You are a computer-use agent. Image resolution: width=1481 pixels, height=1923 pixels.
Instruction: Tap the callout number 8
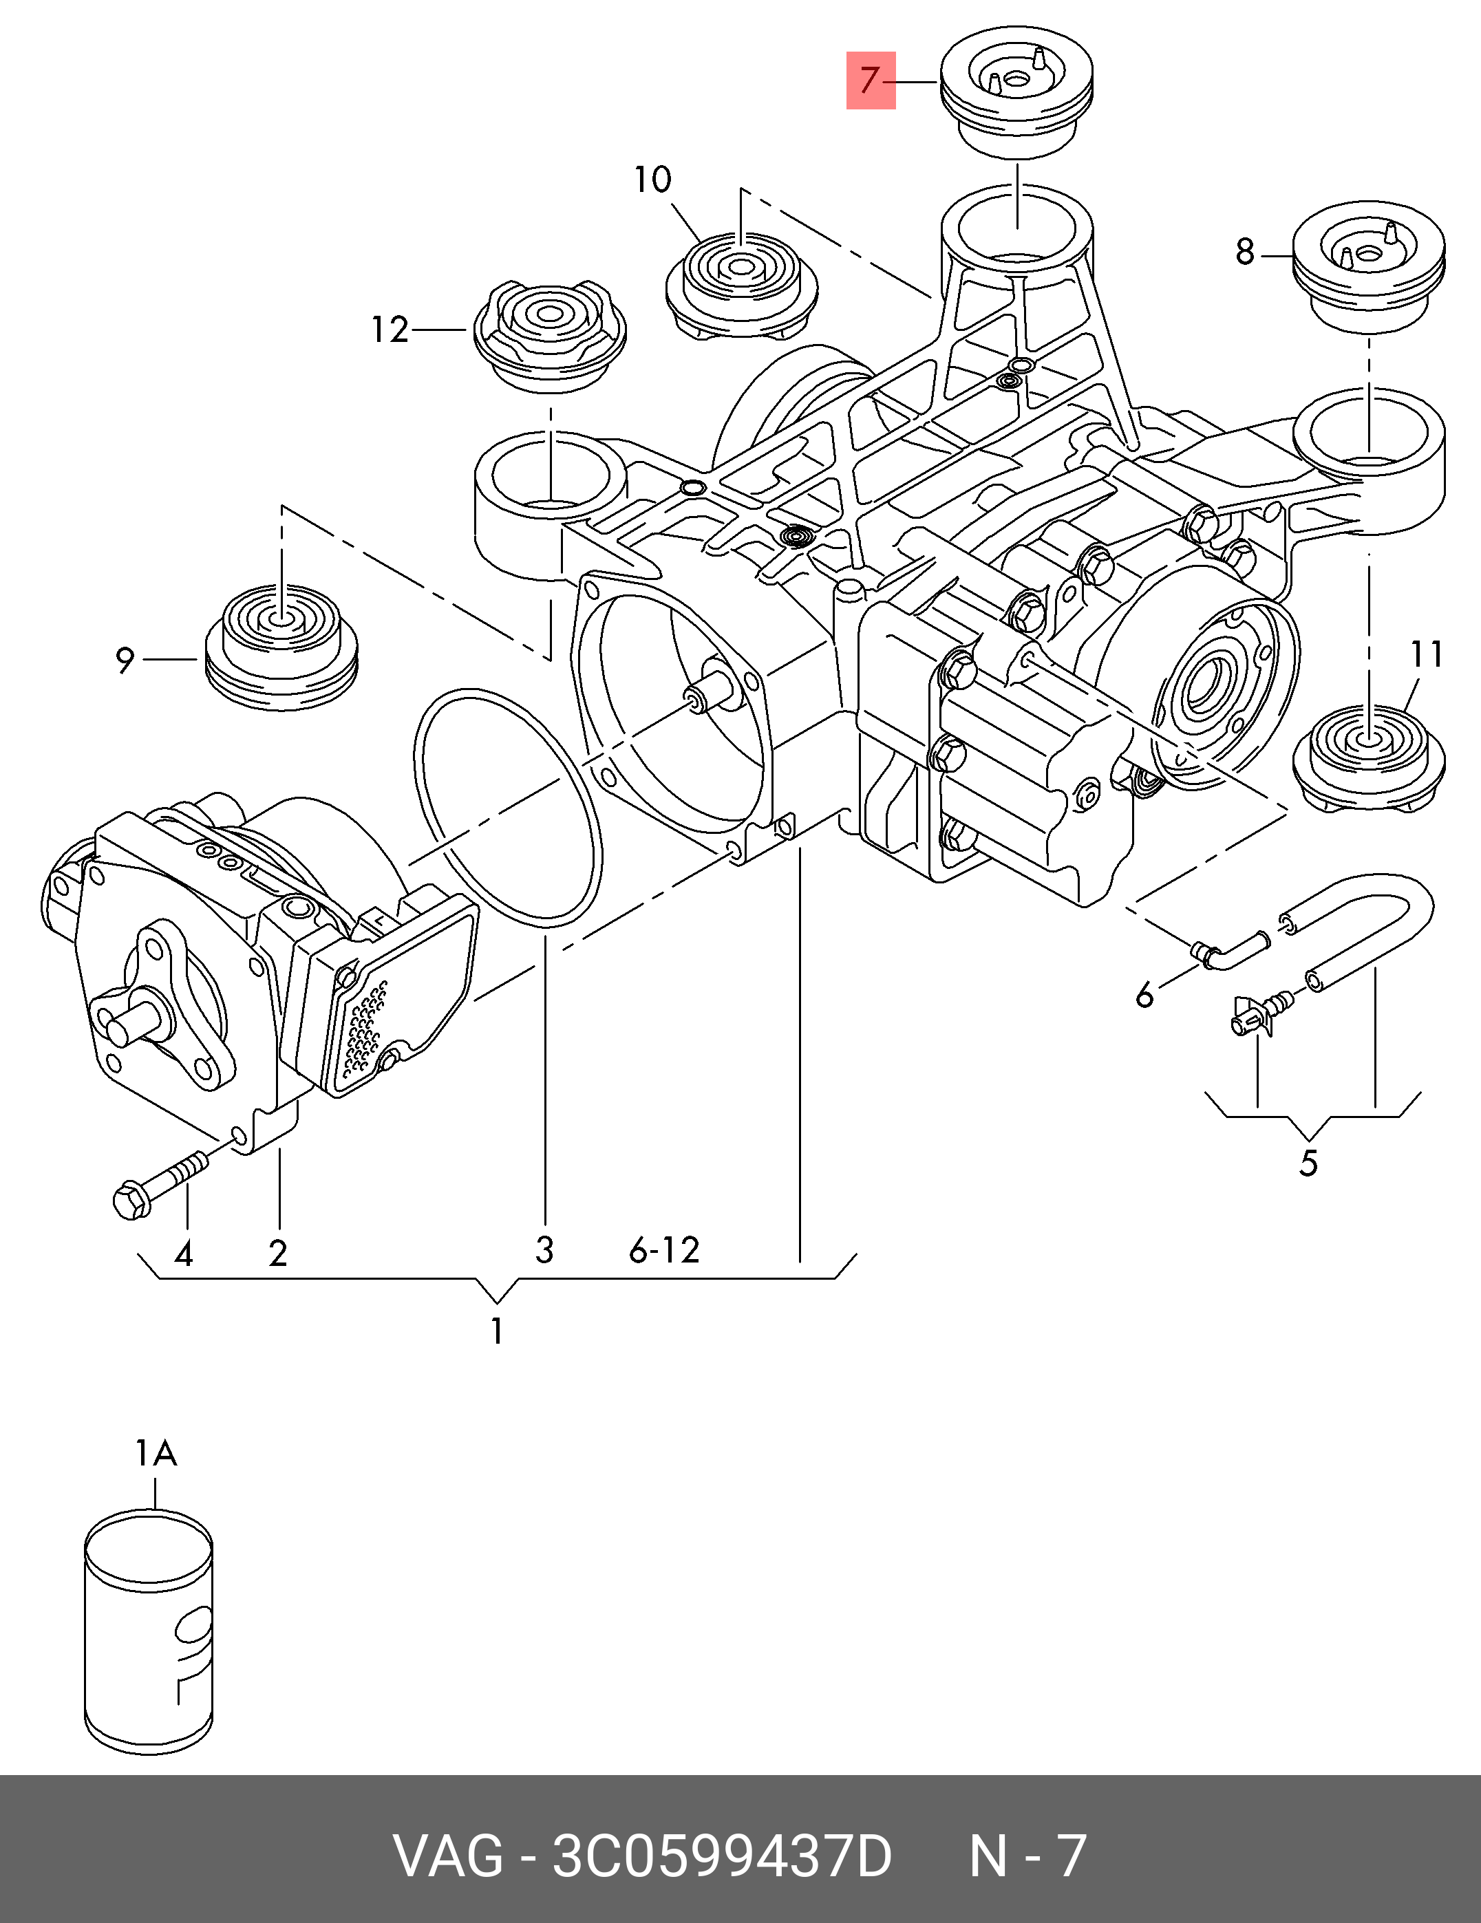[x=1244, y=253]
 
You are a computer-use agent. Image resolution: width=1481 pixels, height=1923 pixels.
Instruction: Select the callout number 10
[x=652, y=180]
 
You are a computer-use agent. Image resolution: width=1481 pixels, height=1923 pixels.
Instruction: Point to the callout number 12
[x=390, y=330]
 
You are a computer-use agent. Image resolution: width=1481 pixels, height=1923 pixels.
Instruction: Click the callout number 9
[x=125, y=660]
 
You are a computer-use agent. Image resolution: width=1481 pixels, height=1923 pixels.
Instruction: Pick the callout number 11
[x=1427, y=654]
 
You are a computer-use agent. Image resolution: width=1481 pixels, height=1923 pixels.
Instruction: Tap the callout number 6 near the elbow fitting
[x=1144, y=996]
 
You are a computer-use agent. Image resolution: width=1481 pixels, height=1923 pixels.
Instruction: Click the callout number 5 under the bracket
[x=1308, y=1164]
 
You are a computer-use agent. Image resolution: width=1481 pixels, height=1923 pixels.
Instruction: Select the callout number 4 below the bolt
[x=183, y=1253]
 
